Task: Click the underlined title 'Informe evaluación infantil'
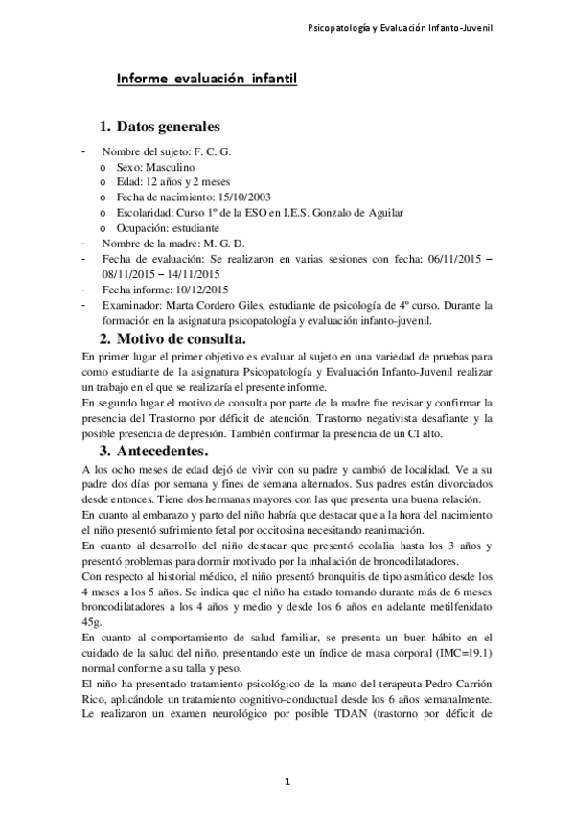pyautogui.click(x=206, y=80)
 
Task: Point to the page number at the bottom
pyautogui.click(x=287, y=783)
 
